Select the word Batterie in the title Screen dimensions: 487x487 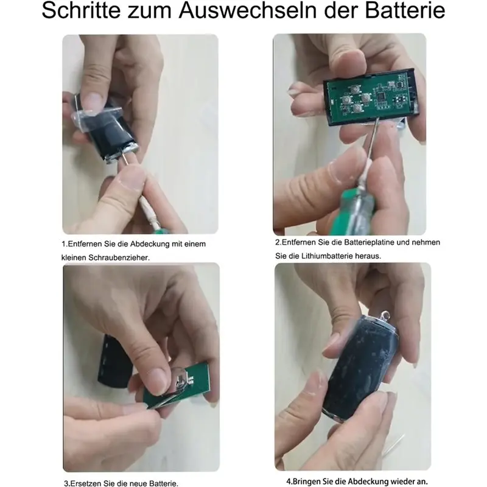(x=406, y=13)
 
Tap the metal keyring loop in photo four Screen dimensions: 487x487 (x=385, y=315)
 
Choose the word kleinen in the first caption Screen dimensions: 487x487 (x=77, y=258)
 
